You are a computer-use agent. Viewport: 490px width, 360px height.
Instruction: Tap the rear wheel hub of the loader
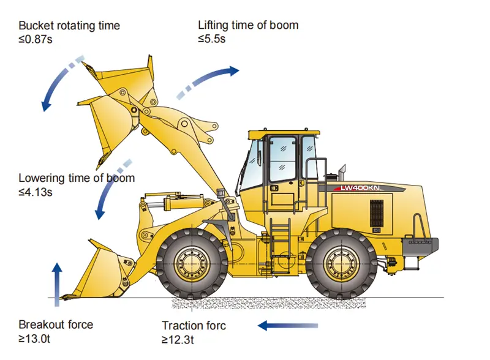point(342,264)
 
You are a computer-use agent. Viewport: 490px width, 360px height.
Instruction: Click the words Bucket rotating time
point(69,26)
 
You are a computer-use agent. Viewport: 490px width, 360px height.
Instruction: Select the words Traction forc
point(194,326)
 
